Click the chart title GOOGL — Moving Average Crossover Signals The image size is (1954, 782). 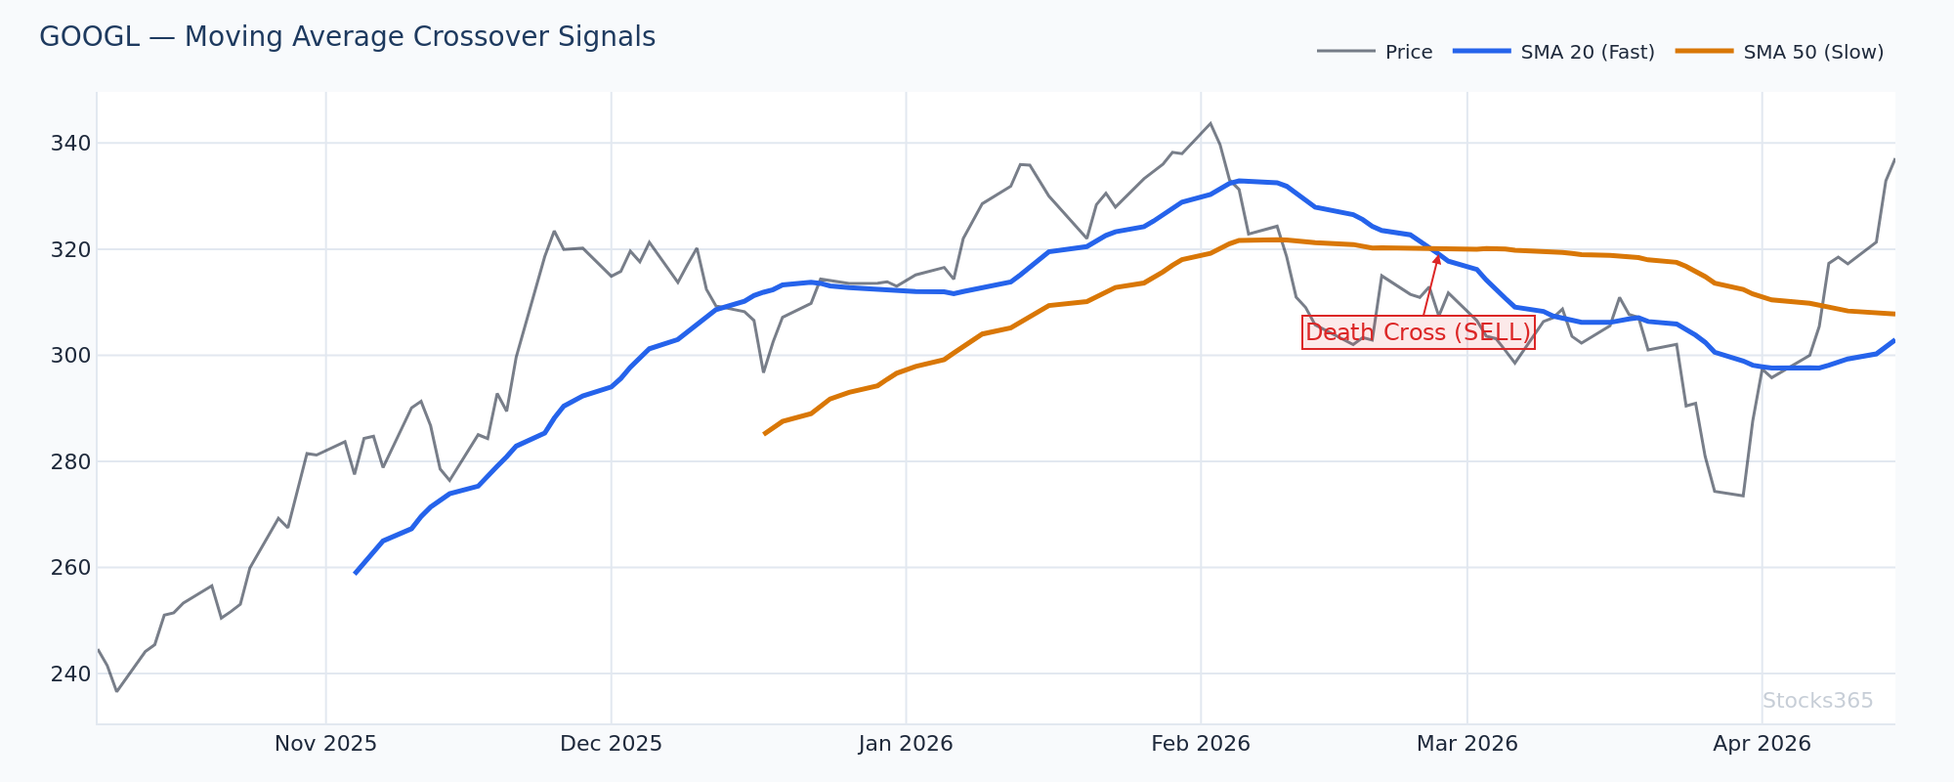[347, 37]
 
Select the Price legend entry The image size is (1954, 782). [1408, 53]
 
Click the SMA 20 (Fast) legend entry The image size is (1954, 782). [1587, 53]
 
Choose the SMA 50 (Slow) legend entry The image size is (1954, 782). [1813, 53]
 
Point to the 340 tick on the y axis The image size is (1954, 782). [69, 144]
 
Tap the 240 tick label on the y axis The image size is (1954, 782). [69, 673]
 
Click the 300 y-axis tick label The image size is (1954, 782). [69, 356]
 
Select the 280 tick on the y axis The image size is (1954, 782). [69, 461]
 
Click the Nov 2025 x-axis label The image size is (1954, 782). [325, 744]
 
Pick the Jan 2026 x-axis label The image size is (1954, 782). [906, 744]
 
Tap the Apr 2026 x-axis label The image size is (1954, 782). [1762, 744]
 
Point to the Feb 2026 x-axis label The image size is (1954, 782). [1201, 744]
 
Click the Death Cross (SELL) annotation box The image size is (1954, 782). [1418, 333]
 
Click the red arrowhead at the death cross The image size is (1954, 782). [1437, 258]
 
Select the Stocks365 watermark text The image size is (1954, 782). [1817, 701]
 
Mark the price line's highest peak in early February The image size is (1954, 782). [1210, 123]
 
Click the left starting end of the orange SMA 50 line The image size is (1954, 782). [764, 433]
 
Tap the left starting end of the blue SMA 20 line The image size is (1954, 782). [355, 573]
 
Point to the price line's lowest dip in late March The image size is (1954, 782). [1742, 496]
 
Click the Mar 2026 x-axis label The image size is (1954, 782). [1466, 744]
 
